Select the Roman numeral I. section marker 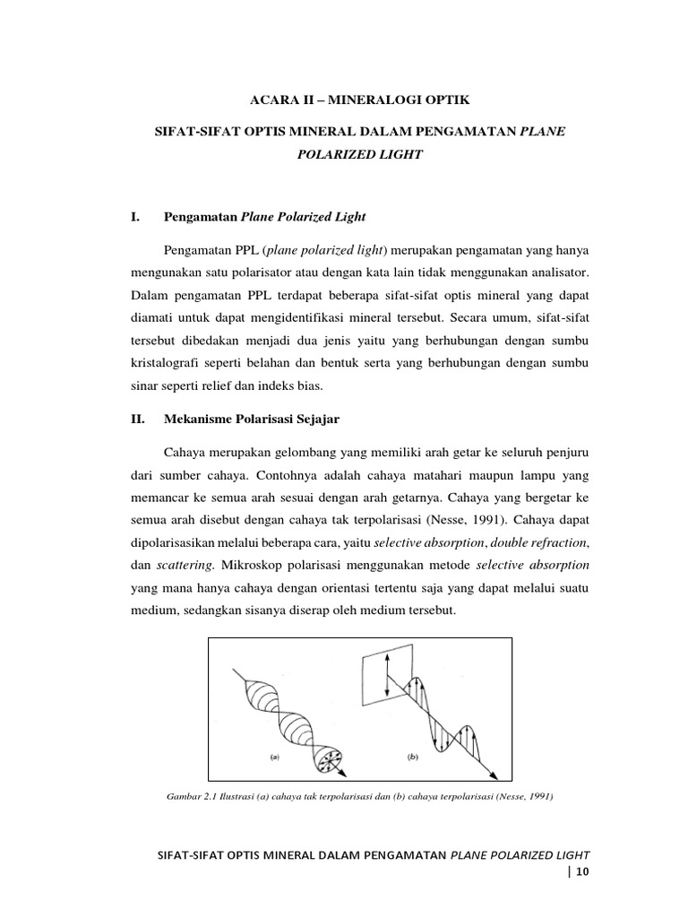point(137,217)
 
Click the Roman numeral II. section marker point(139,418)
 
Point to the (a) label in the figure point(275,757)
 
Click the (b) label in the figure point(413,757)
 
